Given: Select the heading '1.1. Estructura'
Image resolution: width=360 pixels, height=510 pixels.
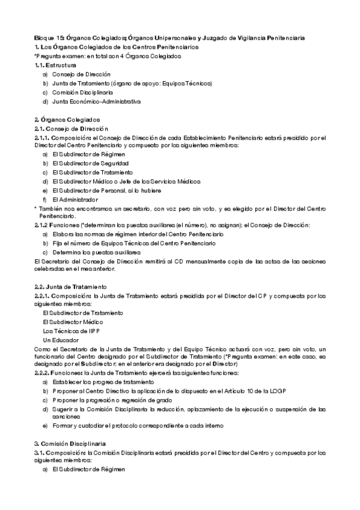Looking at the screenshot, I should pos(55,64).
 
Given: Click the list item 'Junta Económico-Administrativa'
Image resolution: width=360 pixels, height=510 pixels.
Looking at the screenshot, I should pos(96,102).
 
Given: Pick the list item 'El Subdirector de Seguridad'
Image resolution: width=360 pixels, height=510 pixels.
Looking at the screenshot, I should pos(90,163).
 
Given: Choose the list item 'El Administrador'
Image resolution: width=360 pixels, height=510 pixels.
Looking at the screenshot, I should pos(75,199).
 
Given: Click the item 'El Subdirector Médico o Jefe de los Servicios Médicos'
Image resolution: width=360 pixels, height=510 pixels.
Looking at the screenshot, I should pos(126,181).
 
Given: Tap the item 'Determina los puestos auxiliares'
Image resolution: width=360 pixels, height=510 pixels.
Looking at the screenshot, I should pos(96,253).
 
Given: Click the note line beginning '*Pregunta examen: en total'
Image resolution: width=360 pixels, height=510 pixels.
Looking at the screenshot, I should pos(108,55).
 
